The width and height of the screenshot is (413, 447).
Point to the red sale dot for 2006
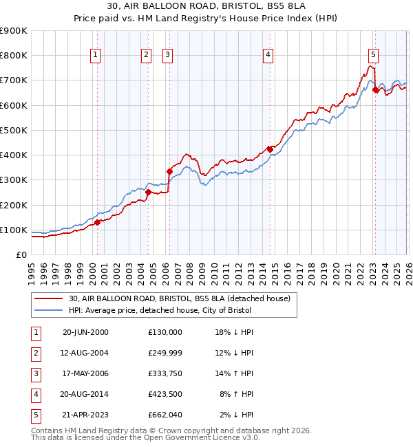pyautogui.click(x=169, y=171)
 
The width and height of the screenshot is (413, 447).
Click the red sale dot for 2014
pyautogui.click(x=270, y=149)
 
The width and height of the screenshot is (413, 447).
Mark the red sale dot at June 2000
pyautogui.click(x=98, y=222)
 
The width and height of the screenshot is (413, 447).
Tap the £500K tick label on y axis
pyautogui.click(x=14, y=130)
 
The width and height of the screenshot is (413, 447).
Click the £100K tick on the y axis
pyautogui.click(x=14, y=230)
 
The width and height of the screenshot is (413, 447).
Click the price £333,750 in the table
pyautogui.click(x=165, y=374)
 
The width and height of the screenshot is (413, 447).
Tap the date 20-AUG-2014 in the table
pyautogui.click(x=85, y=395)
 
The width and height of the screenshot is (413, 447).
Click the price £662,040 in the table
pyautogui.click(x=165, y=415)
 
